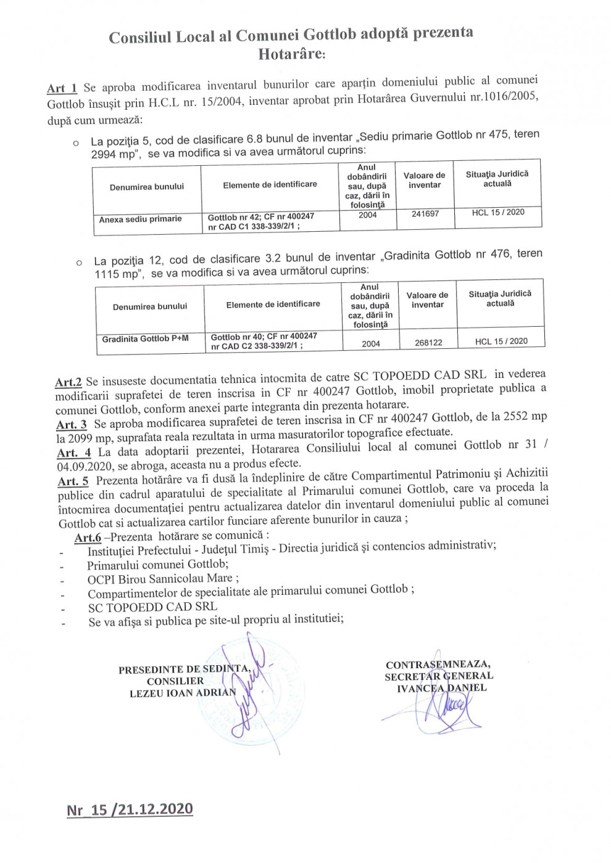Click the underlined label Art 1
point(62,88)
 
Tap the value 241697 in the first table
point(425,214)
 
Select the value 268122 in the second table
point(428,342)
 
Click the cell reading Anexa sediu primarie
point(141,219)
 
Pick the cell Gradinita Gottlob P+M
point(146,339)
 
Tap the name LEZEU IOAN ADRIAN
point(183,692)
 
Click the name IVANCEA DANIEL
point(441,688)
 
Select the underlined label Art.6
point(88,538)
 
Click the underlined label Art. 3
point(72,425)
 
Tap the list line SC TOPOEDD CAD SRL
point(152,607)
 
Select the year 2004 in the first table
point(367,215)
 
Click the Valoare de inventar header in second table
point(427,300)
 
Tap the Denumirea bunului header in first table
point(147,187)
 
